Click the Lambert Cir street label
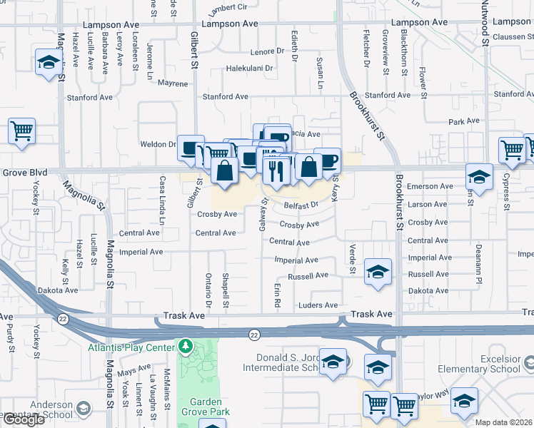point(227,9)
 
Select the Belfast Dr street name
point(301,205)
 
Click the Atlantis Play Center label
point(131,347)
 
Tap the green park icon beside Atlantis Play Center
point(186,347)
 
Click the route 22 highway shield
point(254,334)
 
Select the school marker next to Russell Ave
point(378,272)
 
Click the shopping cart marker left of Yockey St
point(21,131)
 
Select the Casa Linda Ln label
point(162,201)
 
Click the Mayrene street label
point(173,83)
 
